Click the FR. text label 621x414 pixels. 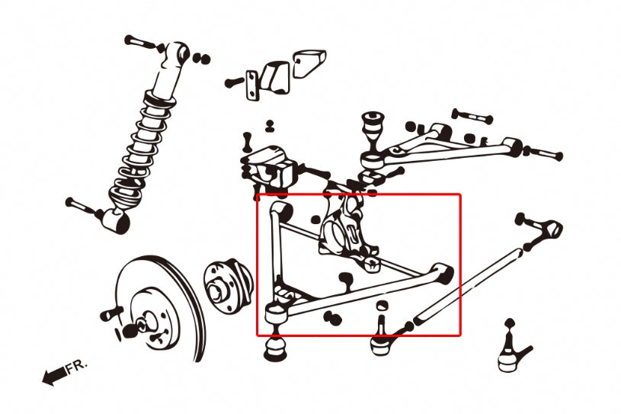point(76,367)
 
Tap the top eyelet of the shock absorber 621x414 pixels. point(179,53)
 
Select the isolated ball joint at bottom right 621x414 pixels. point(511,351)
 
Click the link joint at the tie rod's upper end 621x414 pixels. point(547,228)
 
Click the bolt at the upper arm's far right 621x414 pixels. point(544,153)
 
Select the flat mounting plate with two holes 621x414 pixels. point(251,83)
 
